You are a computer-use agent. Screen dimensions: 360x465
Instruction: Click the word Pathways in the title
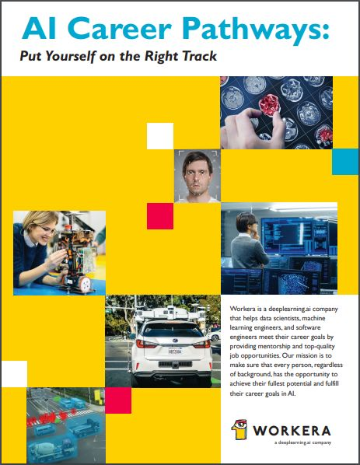pos(258,29)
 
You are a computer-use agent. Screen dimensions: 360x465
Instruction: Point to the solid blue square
pos(345,162)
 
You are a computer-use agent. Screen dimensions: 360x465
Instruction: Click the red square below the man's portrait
pos(160,216)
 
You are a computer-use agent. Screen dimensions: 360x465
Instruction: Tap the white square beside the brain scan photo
pos(160,136)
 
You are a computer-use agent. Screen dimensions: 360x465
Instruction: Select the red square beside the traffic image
pos(118,400)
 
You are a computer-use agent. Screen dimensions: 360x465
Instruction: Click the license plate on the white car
pos(175,351)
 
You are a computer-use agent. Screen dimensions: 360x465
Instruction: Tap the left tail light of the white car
pos(145,344)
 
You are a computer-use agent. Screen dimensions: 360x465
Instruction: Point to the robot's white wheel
pos(85,284)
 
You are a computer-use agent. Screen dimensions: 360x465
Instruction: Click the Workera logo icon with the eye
pos(239,428)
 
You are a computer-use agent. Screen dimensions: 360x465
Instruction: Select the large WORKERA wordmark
pos(292,431)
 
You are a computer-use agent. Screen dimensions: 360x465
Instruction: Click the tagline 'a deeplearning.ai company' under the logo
pos(302,442)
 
